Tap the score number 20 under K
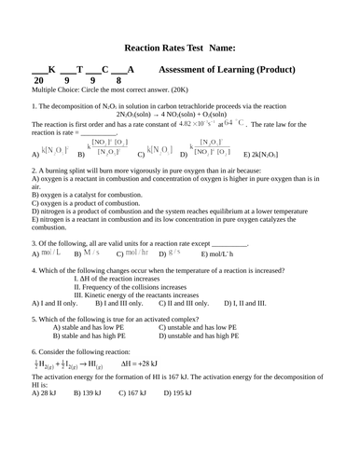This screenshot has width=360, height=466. tap(38, 81)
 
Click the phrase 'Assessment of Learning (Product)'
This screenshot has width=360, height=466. tap(228, 70)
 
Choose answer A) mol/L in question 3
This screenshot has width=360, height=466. tap(47, 254)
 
